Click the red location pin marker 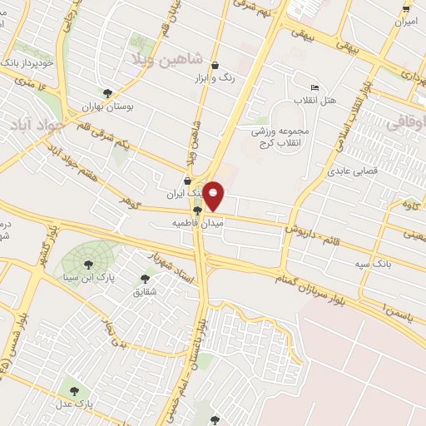coord(214,196)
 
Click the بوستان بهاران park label coord(108,106)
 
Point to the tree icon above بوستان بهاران coord(108,93)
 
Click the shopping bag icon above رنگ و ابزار coord(215,66)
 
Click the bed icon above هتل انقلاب coord(315,87)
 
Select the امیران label coord(406,21)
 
